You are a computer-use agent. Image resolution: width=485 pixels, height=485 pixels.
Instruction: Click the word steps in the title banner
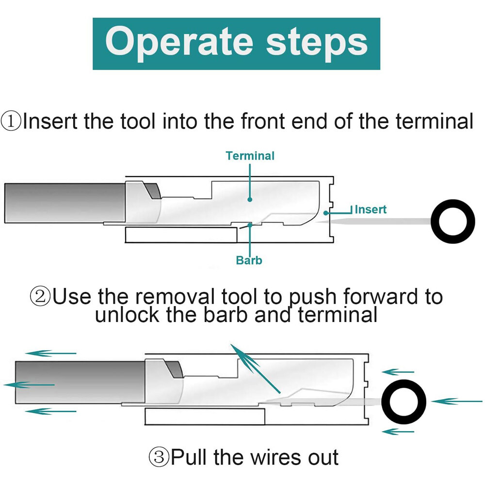point(317,42)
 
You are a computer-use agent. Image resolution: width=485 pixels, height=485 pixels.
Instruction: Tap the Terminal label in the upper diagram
point(250,156)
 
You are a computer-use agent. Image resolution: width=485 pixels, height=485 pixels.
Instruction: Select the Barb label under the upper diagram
point(249,260)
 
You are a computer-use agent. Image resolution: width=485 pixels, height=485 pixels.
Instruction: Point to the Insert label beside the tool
point(371,210)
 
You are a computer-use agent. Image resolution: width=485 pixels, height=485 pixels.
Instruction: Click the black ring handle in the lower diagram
point(404,401)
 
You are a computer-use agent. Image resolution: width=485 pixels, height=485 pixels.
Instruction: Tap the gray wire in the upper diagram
point(63,203)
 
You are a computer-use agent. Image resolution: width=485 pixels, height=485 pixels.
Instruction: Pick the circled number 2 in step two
point(40,296)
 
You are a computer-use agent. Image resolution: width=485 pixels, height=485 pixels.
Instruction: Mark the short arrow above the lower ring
point(398,372)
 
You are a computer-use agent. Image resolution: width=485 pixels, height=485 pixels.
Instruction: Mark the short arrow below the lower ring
point(398,431)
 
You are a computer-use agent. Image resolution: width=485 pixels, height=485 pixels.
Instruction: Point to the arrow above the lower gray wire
point(51,353)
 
